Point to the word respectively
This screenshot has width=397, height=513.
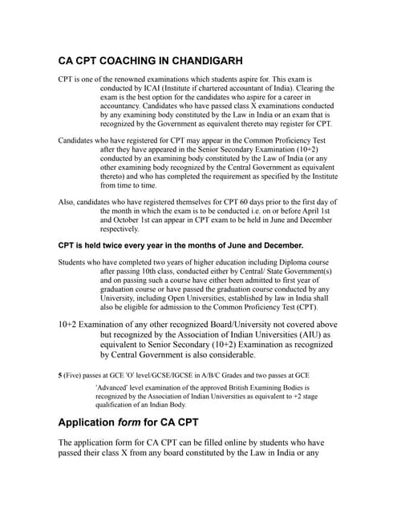124,228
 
